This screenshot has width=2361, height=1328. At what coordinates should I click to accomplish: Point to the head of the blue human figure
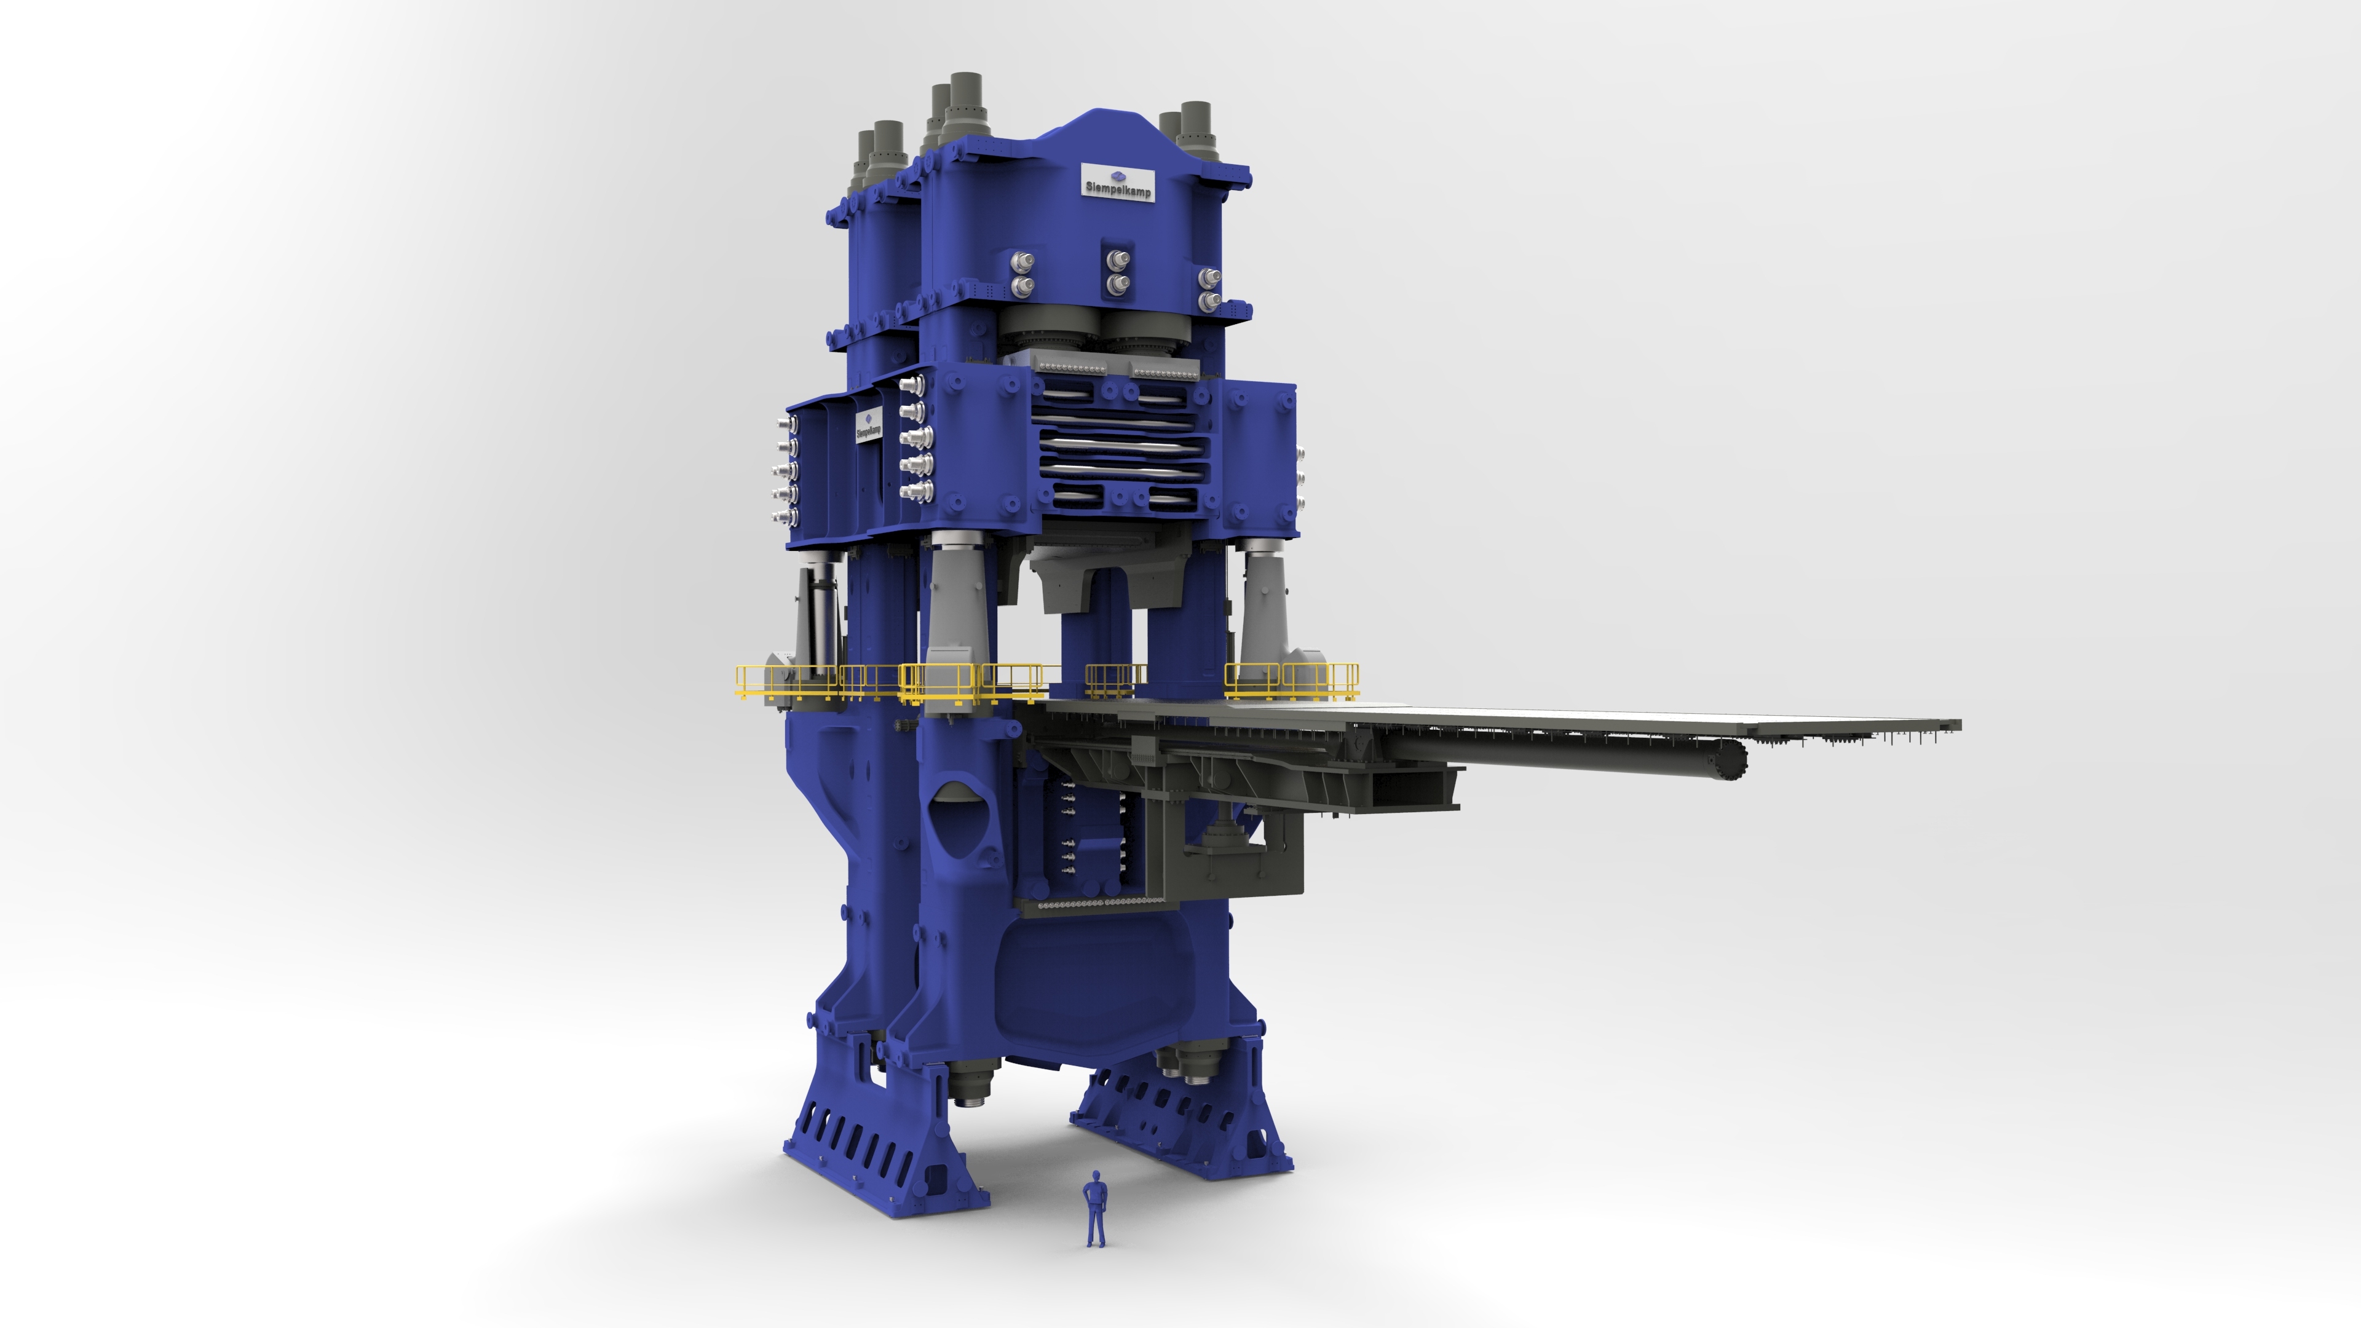click(x=1095, y=1175)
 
